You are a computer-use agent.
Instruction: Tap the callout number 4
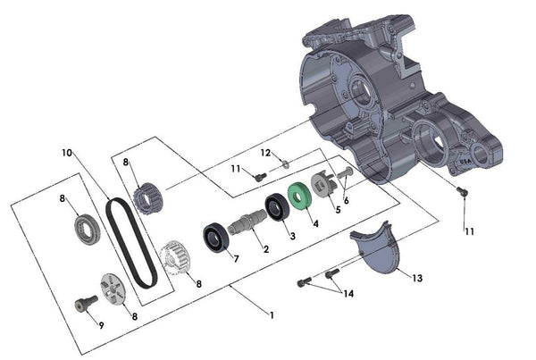(x=314, y=225)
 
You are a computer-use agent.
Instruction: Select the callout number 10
(x=67, y=153)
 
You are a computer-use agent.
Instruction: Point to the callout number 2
(x=265, y=250)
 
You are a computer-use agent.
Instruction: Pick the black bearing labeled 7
(x=214, y=239)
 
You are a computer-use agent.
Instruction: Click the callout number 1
(x=271, y=315)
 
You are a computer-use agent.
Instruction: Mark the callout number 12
(x=264, y=152)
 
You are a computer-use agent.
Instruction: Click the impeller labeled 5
(x=325, y=188)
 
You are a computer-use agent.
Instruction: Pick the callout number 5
(x=338, y=211)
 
